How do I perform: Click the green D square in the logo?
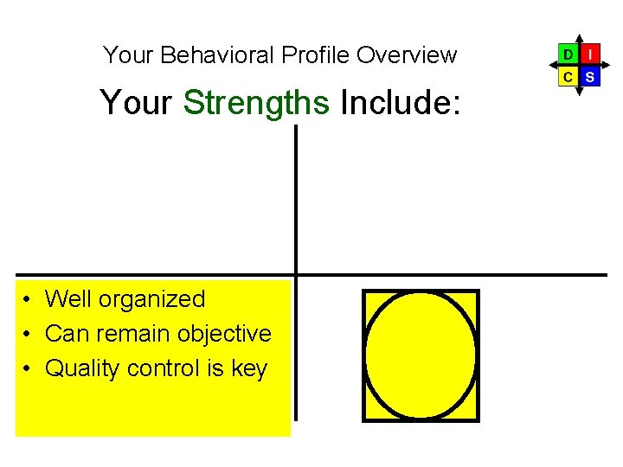tap(568, 54)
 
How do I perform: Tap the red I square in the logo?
tap(589, 54)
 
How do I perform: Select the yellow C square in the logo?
tap(568, 77)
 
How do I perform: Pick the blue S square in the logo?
tap(589, 77)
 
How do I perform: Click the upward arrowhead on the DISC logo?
tap(579, 38)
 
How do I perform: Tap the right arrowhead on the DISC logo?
tap(607, 66)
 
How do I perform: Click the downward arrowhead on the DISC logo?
tap(579, 93)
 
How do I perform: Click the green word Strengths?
tap(256, 102)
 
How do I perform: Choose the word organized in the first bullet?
tap(151, 299)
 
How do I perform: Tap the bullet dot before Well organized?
tap(29, 300)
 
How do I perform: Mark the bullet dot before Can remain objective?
tap(29, 335)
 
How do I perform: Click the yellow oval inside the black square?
tap(421, 355)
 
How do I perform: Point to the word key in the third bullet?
tap(249, 368)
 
